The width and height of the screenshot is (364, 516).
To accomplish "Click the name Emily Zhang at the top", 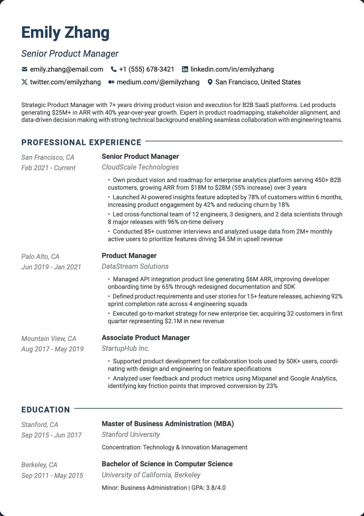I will (65, 33).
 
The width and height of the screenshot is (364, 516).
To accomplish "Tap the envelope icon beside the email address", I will (24, 69).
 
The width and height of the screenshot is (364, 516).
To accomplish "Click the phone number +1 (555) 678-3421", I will (147, 69).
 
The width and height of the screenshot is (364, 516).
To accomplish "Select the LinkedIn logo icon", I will (185, 69).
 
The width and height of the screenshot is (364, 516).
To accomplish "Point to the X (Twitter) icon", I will (24, 82).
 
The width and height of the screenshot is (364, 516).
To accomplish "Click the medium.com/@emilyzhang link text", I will (158, 82).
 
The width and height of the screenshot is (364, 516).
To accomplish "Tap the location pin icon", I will (210, 82).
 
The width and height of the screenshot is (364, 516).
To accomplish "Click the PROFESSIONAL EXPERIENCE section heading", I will (81, 142).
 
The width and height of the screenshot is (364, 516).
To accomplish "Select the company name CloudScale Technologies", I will (140, 167).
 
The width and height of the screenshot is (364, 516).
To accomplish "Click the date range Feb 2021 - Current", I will (48, 168).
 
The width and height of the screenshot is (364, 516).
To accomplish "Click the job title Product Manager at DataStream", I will (129, 256).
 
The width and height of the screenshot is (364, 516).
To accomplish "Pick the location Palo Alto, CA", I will (40, 257).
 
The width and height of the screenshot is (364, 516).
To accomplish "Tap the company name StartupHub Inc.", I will (126, 348).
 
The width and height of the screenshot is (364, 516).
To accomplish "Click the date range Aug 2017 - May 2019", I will (52, 349).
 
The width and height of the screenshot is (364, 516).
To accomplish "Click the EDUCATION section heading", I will (46, 410).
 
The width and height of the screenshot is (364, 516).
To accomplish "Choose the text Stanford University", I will (131, 435).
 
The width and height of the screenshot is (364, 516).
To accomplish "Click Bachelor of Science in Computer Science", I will (167, 464).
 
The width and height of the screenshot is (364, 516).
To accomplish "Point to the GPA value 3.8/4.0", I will (216, 488).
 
